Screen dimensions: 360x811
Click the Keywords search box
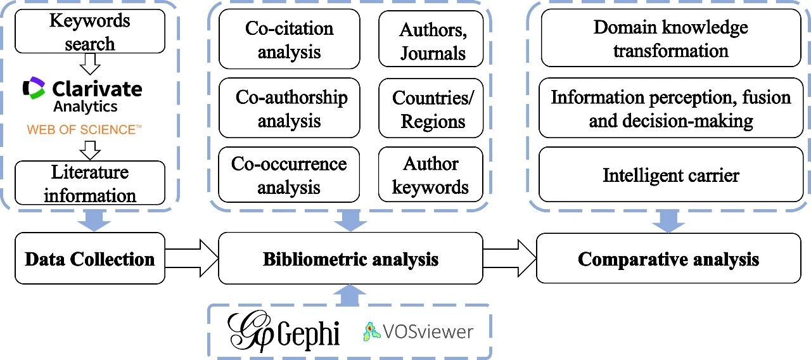coord(89,31)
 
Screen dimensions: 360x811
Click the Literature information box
coord(89,183)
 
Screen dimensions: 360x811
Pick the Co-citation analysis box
coord(289,39)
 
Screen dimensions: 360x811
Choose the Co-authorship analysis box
coord(289,108)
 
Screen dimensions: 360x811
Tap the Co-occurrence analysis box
coord(289,175)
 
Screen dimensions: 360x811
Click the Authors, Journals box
coord(431,39)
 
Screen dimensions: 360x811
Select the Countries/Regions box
coord(431,108)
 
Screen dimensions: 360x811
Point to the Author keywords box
coord(431,175)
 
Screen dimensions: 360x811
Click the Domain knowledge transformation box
coord(670,38)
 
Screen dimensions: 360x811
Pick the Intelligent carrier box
coord(670,174)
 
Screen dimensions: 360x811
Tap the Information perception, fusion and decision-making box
coord(670,108)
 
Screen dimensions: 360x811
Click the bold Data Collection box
coord(89,259)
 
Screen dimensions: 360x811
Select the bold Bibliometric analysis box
coord(350,259)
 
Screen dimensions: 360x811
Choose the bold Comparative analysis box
coord(668,259)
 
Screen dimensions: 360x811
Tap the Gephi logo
coord(284,331)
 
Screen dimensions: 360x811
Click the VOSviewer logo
coord(418,331)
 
